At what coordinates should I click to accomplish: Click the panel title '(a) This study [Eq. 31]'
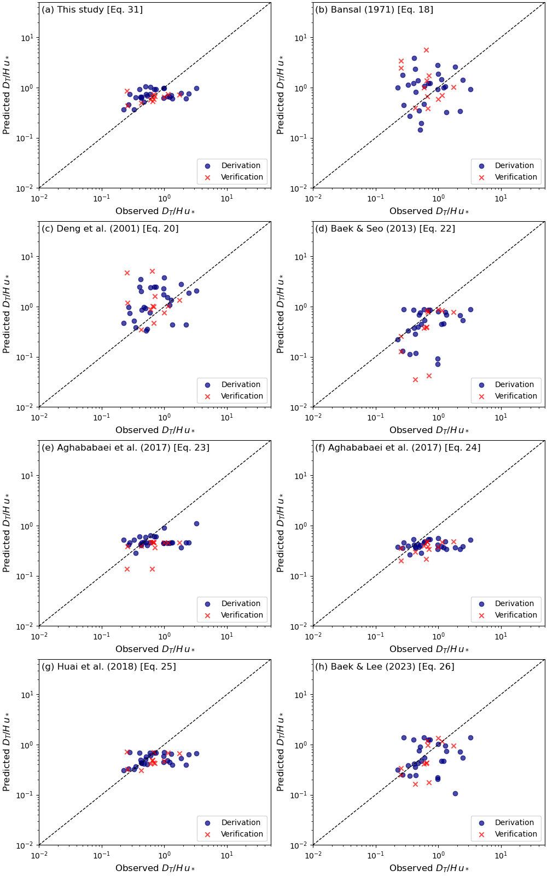click(x=92, y=10)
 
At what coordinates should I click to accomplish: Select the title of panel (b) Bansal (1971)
click(x=374, y=10)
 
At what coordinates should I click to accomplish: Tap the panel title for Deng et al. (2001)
click(x=110, y=229)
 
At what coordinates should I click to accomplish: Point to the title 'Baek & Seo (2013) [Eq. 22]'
click(x=385, y=229)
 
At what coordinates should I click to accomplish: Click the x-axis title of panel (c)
click(x=155, y=430)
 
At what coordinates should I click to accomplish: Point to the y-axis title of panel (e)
click(x=7, y=533)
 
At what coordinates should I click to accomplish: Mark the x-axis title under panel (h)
click(x=429, y=868)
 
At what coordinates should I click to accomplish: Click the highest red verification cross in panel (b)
click(x=426, y=50)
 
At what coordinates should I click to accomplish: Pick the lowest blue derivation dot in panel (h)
click(x=455, y=793)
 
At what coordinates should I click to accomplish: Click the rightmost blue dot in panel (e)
click(x=196, y=523)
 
